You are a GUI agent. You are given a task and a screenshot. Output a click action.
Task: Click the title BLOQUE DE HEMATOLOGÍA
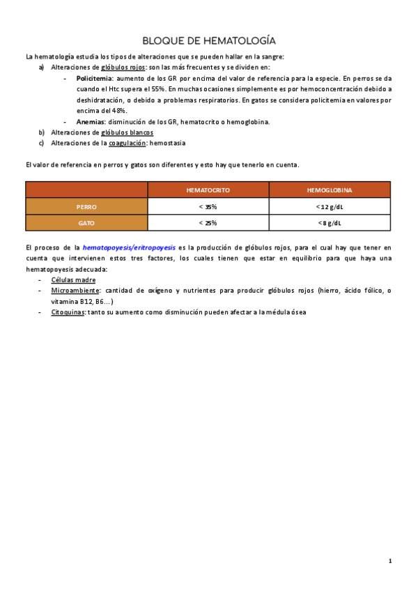pyautogui.click(x=208, y=40)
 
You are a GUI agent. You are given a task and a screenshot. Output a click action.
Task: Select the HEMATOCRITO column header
pyautogui.click(x=208, y=190)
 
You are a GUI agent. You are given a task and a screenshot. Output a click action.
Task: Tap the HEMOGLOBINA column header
pyautogui.click(x=330, y=190)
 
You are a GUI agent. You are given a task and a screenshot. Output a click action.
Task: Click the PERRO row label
pyautogui.click(x=86, y=206)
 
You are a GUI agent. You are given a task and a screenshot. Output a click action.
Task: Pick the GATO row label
pyautogui.click(x=86, y=223)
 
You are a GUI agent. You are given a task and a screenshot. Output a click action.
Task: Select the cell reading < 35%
pyautogui.click(x=208, y=206)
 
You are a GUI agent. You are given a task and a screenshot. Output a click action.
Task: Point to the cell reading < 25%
pyautogui.click(x=208, y=223)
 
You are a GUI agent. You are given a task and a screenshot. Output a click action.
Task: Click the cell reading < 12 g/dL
pyautogui.click(x=330, y=206)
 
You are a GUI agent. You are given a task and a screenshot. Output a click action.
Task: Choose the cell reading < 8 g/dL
pyautogui.click(x=330, y=223)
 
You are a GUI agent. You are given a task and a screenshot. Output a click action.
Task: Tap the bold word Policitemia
pyautogui.click(x=95, y=79)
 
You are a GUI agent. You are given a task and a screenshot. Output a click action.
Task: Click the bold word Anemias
pyautogui.click(x=91, y=121)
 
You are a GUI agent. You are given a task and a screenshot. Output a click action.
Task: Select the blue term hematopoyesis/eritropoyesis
pyautogui.click(x=129, y=247)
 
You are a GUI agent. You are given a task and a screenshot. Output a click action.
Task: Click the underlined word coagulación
pyautogui.click(x=132, y=144)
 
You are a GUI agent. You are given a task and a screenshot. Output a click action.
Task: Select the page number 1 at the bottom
pyautogui.click(x=391, y=561)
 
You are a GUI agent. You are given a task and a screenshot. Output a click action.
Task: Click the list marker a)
pyautogui.click(x=42, y=68)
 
